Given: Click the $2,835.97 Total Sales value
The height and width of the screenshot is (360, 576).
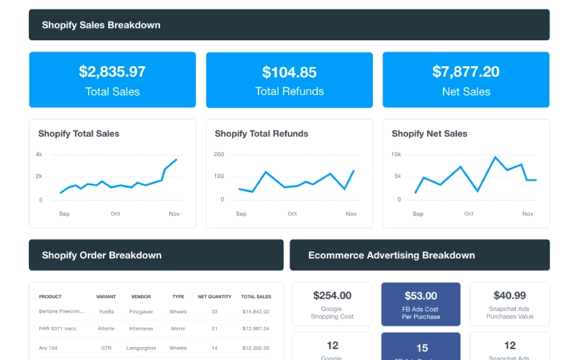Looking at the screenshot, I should point(112,72).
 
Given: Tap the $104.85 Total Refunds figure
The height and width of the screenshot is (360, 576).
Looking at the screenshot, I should point(289,72).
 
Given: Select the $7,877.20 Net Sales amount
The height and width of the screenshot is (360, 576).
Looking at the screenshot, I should point(466,72).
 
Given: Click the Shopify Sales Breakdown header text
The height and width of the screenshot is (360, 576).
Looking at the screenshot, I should point(101,25).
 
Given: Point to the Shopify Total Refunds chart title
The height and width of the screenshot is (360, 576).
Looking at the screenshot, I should point(261,133).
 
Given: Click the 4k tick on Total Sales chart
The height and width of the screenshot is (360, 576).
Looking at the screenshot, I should point(39,155).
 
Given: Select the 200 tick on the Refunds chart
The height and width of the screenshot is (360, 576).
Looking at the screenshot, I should point(219,155).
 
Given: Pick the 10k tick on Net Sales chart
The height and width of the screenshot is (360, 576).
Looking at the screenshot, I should point(396,155).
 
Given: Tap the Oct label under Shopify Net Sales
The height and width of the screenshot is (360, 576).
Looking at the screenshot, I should point(469,214).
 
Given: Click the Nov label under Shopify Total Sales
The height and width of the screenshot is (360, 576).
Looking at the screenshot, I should point(174,214).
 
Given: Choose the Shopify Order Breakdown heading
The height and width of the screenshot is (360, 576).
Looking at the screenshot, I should point(102,255).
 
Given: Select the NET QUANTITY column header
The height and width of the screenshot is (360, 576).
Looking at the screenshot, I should point(215,297).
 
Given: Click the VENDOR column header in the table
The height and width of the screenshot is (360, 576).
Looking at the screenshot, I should point(141,297).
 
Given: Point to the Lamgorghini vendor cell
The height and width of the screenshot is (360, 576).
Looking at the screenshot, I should point(141,348).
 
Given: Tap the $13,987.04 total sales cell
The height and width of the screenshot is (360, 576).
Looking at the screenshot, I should point(256,329).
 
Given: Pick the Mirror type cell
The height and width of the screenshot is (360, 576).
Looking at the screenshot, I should point(179,329).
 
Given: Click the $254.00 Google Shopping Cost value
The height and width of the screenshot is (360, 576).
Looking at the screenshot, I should point(332,295).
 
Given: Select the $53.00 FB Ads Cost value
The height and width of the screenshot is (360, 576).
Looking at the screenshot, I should point(420,295).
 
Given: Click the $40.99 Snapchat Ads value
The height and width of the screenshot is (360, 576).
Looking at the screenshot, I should point(510,295).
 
